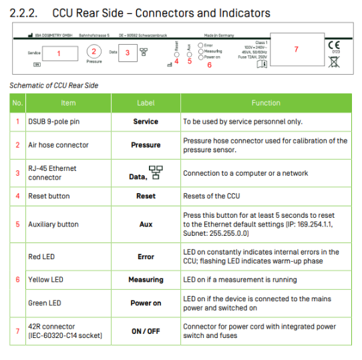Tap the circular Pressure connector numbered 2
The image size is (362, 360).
94,51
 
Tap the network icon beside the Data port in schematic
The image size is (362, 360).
144,51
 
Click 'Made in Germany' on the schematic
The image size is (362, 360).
218,34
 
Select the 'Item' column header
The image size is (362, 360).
68,103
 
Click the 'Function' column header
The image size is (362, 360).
266,103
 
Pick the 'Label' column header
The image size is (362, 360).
146,103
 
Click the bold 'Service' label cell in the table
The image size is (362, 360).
146,122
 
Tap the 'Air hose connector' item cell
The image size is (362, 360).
58,145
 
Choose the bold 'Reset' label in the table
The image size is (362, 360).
146,196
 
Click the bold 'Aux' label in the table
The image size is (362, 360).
146,225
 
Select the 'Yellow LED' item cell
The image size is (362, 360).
45,280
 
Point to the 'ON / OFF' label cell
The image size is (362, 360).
146,331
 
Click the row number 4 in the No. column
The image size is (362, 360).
17,196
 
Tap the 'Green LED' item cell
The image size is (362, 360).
44,303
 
